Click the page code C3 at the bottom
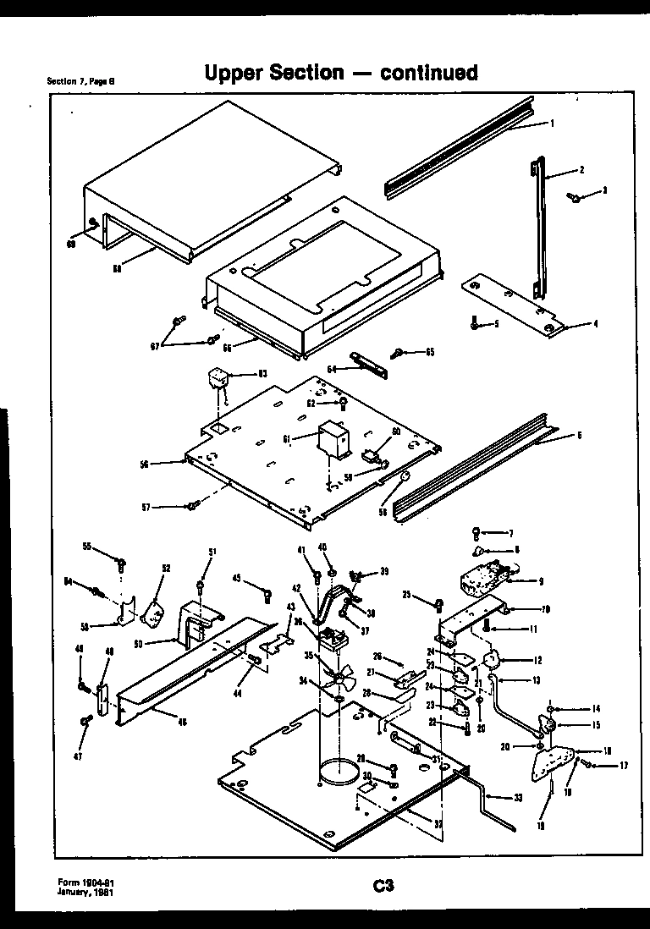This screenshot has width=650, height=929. [x=383, y=886]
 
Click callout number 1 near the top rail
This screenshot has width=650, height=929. [x=551, y=124]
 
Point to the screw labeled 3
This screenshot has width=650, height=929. [x=576, y=197]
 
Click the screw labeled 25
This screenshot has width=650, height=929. [x=439, y=604]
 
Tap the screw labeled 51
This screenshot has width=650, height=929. [x=200, y=583]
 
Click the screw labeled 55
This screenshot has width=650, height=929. [x=124, y=562]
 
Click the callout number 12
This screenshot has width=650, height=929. [x=537, y=660]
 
